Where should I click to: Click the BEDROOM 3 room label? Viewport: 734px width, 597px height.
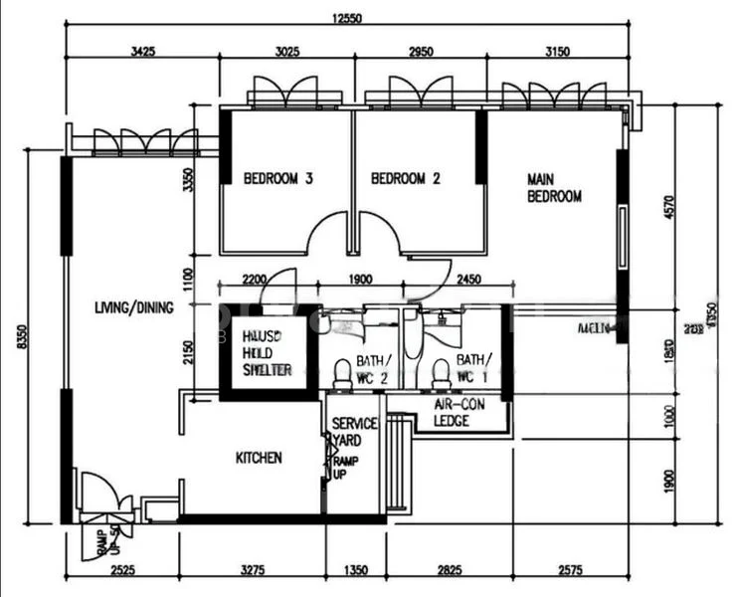(x=278, y=179)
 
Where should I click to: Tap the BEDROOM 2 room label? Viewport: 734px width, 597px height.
(x=405, y=179)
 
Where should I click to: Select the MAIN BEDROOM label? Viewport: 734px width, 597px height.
(x=554, y=188)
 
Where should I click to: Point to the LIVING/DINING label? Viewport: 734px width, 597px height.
(x=134, y=307)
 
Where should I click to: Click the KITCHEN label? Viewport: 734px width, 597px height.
(x=259, y=458)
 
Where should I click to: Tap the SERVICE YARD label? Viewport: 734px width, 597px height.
(x=353, y=432)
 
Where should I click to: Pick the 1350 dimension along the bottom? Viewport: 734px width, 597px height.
(x=355, y=570)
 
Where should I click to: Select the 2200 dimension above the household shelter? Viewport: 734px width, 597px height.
(x=254, y=281)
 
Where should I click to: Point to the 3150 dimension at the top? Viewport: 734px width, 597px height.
(x=557, y=53)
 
